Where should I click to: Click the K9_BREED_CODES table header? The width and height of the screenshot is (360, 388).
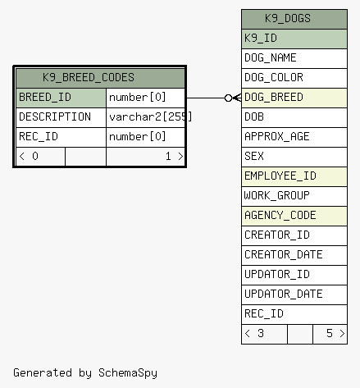[100, 78]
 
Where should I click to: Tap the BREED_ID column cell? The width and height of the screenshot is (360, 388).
[61, 98]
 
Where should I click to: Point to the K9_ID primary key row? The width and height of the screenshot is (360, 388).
[294, 39]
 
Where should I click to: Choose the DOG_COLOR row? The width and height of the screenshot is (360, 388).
[294, 78]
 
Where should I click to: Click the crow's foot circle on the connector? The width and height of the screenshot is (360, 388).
[228, 98]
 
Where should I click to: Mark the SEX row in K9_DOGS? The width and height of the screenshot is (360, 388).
[294, 157]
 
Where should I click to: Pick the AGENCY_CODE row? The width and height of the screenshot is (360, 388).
[294, 216]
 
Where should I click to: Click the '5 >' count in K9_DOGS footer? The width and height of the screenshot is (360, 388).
[335, 334]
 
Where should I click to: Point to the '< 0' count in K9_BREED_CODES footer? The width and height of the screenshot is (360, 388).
[29, 157]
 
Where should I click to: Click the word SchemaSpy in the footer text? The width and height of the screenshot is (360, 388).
[128, 373]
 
